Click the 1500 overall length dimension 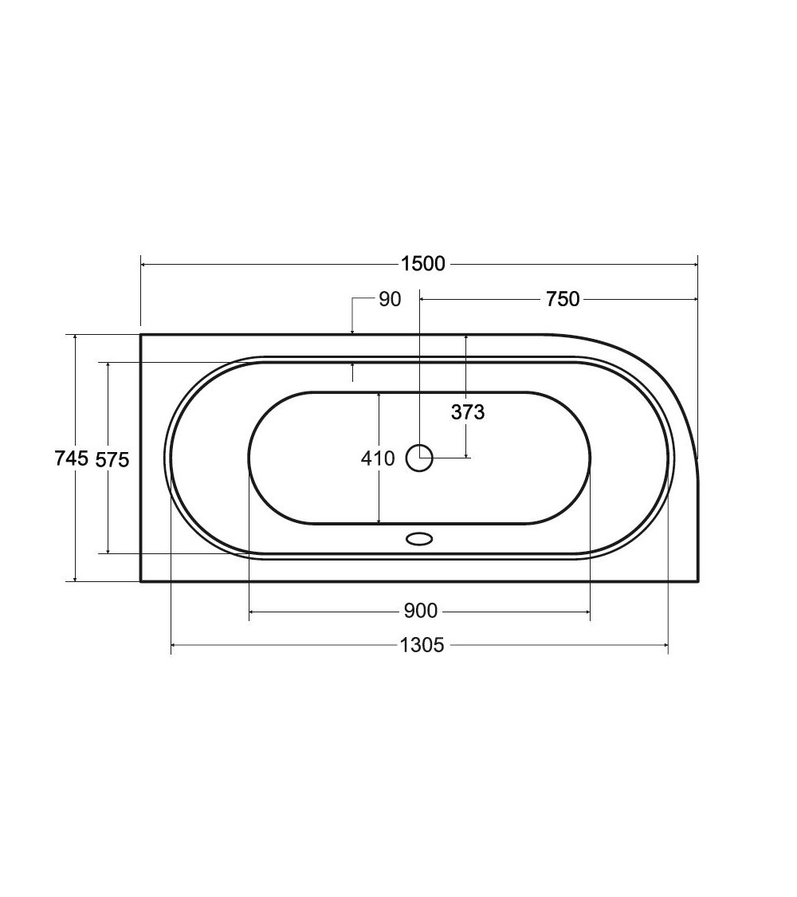coord(422,264)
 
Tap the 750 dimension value coord(563,299)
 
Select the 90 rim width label coord(390,299)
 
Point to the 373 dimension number coord(468,412)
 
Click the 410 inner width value coord(378,458)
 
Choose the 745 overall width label coord(72,458)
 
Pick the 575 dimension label coord(112,459)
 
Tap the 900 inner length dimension coord(420,611)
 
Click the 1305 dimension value coord(422,645)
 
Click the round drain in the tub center coord(419,458)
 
